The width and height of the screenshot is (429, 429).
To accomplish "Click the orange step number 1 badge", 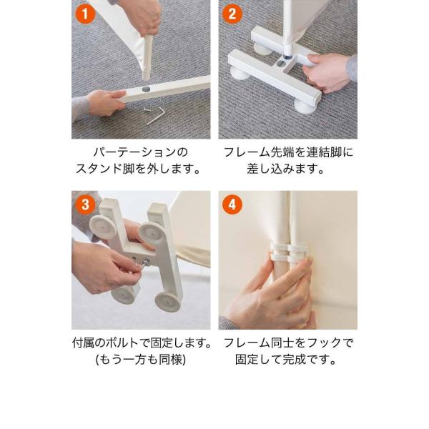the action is (x=85, y=14).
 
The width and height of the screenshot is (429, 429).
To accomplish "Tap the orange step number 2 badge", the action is (x=232, y=14).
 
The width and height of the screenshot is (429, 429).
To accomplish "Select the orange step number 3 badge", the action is (x=85, y=204).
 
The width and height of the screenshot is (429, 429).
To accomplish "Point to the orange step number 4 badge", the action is (x=232, y=204).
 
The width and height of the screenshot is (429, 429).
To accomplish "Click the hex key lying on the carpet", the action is (x=156, y=116).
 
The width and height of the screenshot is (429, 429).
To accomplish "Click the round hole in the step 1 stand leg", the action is (x=146, y=89).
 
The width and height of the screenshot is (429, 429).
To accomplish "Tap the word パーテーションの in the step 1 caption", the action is (x=141, y=152).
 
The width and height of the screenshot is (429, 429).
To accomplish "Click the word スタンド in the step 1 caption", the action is (x=99, y=169).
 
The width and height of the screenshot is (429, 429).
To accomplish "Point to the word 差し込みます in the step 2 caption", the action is (x=282, y=169).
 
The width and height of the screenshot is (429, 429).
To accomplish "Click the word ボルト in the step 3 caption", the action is (x=122, y=342).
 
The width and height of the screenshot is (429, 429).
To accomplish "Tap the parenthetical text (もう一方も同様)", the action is (x=141, y=359).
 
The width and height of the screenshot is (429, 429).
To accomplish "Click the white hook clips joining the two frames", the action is (x=289, y=251).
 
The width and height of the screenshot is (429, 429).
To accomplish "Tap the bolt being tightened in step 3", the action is (x=144, y=262).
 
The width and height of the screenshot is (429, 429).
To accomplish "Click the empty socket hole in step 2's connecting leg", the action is (x=280, y=64).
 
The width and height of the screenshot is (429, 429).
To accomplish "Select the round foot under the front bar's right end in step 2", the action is (x=304, y=105).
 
